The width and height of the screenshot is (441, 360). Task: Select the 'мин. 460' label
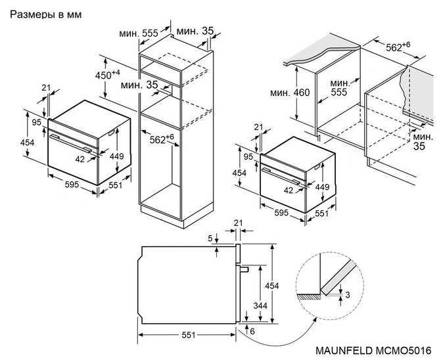[x=289, y=93]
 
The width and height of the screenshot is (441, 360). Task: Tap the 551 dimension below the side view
[x=188, y=335]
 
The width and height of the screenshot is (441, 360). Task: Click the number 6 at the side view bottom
[x=252, y=331]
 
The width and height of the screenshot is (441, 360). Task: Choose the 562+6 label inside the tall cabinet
[x=161, y=139]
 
